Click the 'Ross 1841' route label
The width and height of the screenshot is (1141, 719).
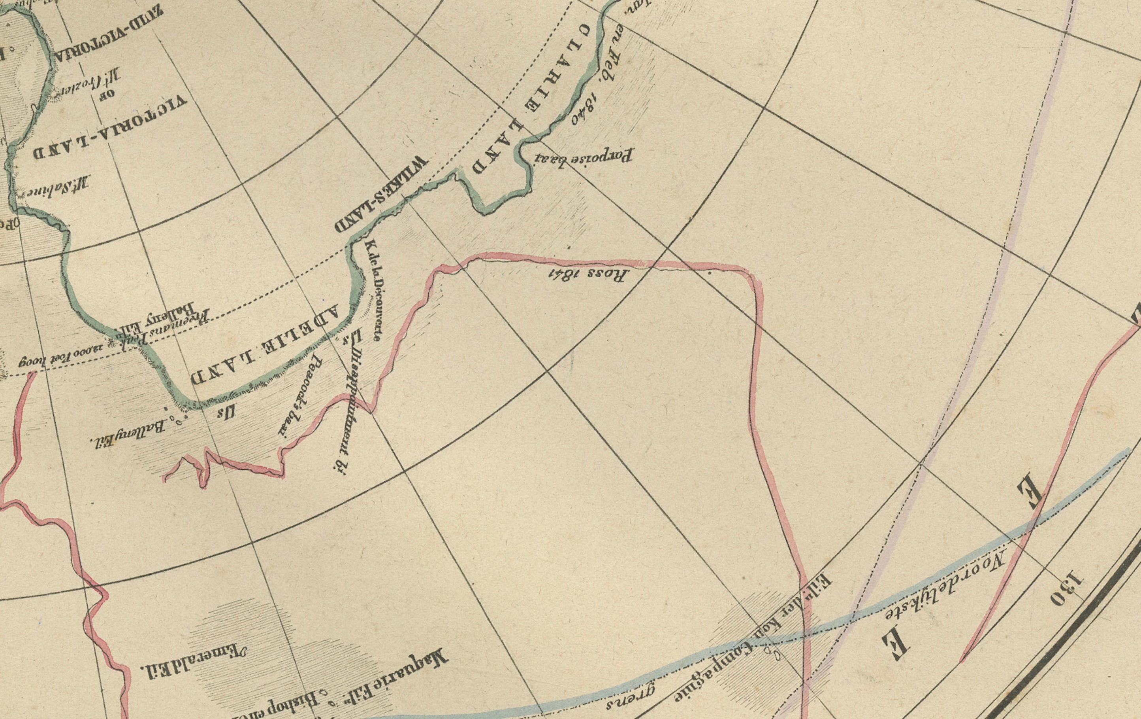coord(588,274)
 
